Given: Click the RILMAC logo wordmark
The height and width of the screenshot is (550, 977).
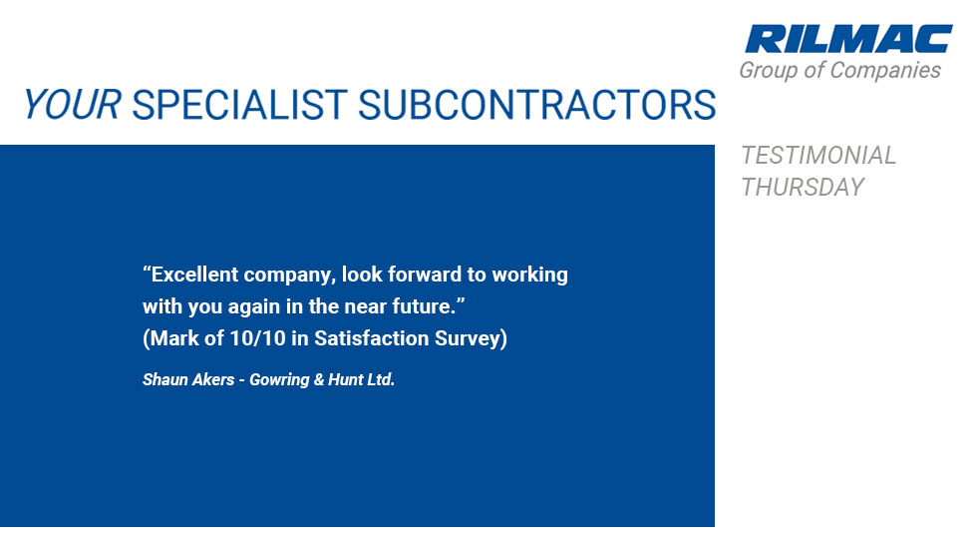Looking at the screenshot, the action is tap(848, 39).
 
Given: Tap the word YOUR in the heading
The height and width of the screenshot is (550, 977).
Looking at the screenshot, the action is tap(72, 104).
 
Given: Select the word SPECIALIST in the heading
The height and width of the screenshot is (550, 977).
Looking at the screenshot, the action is tap(239, 104).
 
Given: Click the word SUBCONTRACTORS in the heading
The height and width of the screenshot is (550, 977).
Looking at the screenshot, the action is tap(536, 104).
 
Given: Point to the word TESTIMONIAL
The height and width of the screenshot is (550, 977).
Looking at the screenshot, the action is tap(818, 156).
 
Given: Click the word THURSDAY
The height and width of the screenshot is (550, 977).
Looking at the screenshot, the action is tap(803, 187).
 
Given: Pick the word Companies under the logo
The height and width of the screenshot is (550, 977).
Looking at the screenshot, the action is tap(885, 71).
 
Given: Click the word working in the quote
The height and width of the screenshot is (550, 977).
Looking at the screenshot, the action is tap(529, 275).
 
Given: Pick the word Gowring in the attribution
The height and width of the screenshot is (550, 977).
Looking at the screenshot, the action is tap(279, 380).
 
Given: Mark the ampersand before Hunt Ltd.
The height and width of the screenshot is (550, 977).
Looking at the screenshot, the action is tap(318, 379).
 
